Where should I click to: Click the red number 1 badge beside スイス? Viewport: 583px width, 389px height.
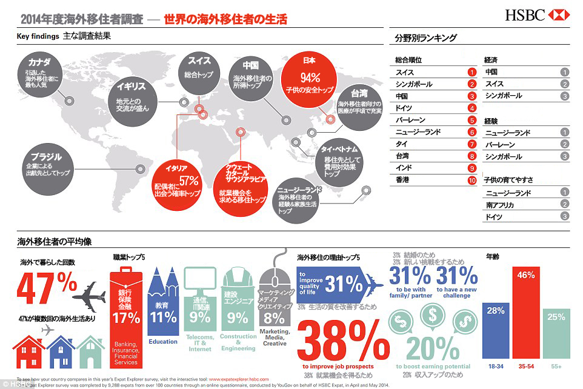471,73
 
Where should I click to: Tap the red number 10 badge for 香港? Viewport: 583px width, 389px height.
471,180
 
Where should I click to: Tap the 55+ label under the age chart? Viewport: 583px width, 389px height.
556,367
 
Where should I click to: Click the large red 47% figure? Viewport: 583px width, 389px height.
47,288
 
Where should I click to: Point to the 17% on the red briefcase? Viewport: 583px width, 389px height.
126,318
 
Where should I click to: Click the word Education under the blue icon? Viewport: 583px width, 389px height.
163,342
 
